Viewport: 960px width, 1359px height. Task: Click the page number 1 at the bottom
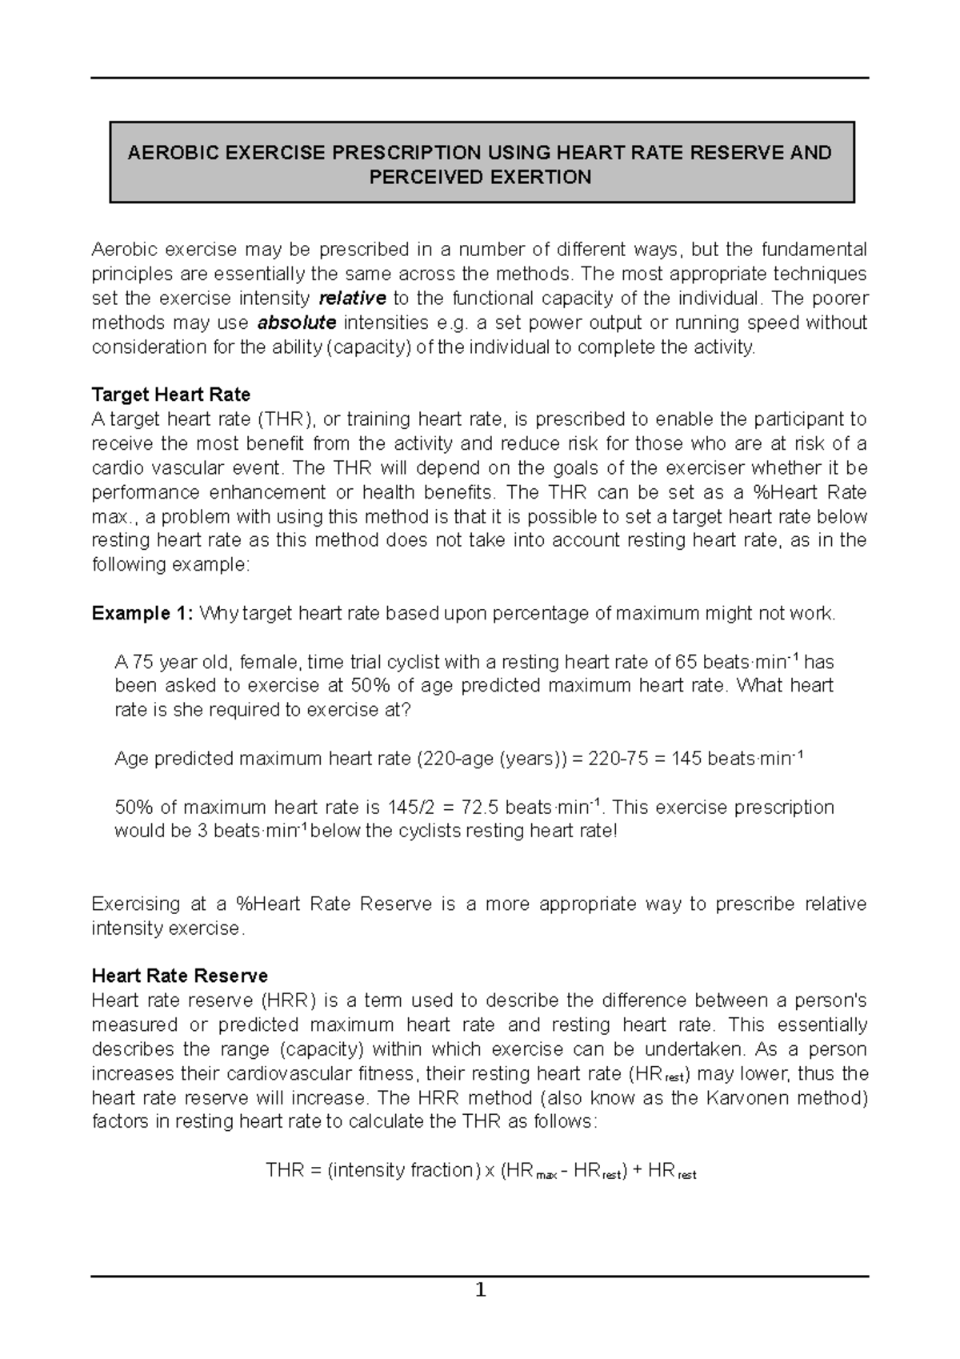(480, 1290)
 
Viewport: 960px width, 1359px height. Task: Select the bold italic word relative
(352, 299)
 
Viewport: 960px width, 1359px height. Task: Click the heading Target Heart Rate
(171, 395)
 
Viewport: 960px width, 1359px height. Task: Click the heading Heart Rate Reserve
(179, 976)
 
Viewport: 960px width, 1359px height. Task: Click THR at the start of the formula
(283, 1170)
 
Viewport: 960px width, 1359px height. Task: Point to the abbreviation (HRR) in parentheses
(289, 1000)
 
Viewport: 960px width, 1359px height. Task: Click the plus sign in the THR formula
(637, 1170)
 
